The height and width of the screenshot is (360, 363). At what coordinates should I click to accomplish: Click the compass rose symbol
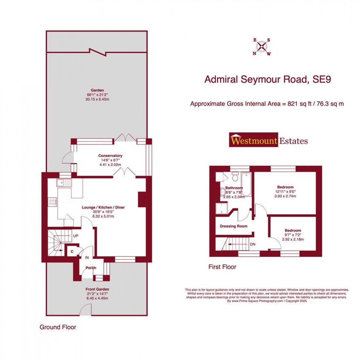(262, 47)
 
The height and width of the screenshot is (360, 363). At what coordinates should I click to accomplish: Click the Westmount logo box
(253, 141)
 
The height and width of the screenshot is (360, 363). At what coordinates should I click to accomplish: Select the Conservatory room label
(110, 156)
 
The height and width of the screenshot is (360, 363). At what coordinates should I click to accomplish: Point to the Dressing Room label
(233, 226)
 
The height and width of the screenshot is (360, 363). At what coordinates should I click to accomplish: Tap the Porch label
(91, 268)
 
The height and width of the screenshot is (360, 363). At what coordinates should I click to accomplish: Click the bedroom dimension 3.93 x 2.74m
(285, 196)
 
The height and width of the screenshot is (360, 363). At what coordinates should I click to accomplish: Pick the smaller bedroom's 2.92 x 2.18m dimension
(293, 239)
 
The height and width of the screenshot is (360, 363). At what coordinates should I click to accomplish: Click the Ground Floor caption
(58, 327)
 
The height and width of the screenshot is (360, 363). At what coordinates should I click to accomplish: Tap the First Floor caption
(222, 267)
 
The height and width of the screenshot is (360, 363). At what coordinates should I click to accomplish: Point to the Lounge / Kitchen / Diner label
(103, 207)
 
